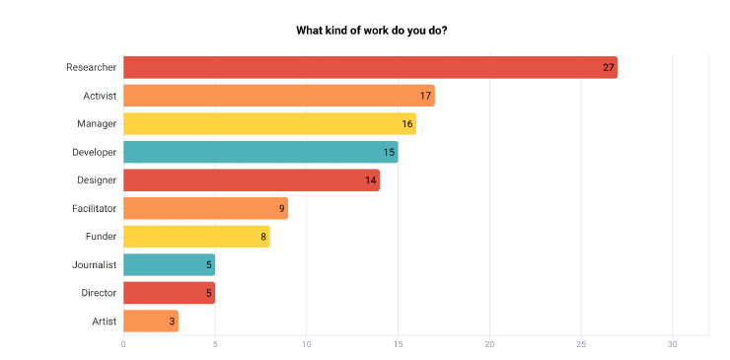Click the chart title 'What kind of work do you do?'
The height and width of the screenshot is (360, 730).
[372, 30]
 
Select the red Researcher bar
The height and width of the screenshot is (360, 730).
[370, 67]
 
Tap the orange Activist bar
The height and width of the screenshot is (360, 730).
[278, 96]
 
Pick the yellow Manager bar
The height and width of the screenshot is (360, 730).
[269, 123]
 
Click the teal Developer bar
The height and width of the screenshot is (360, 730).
[260, 152]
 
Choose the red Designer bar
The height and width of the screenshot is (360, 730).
[252, 180]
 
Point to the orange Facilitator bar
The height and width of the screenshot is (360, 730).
[205, 208]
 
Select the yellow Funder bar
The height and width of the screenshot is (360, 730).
[196, 237]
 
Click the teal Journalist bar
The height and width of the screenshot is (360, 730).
[169, 264]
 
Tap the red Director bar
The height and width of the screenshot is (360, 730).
[169, 293]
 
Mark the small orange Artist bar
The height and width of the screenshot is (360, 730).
[151, 322]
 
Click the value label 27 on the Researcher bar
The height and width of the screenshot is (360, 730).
[609, 67]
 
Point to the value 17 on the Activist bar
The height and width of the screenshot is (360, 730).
[425, 96]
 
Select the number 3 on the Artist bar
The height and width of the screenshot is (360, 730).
[173, 322]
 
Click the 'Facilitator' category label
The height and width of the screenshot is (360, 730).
[94, 208]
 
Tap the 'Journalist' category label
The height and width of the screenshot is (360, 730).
[95, 264]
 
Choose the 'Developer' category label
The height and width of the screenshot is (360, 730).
[95, 152]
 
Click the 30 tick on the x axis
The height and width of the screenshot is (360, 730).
[673, 344]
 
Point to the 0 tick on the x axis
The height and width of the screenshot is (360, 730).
[123, 344]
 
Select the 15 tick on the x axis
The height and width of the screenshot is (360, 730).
[398, 344]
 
